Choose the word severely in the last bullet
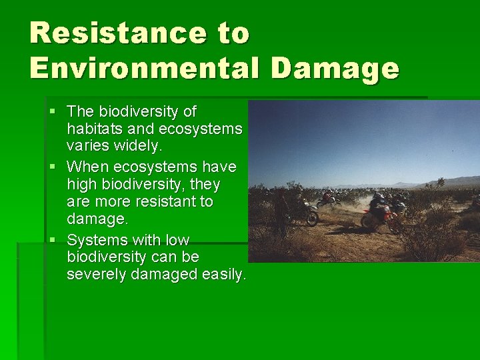point(94,274)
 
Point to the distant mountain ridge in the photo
point(427,182)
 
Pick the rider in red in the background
point(328,198)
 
